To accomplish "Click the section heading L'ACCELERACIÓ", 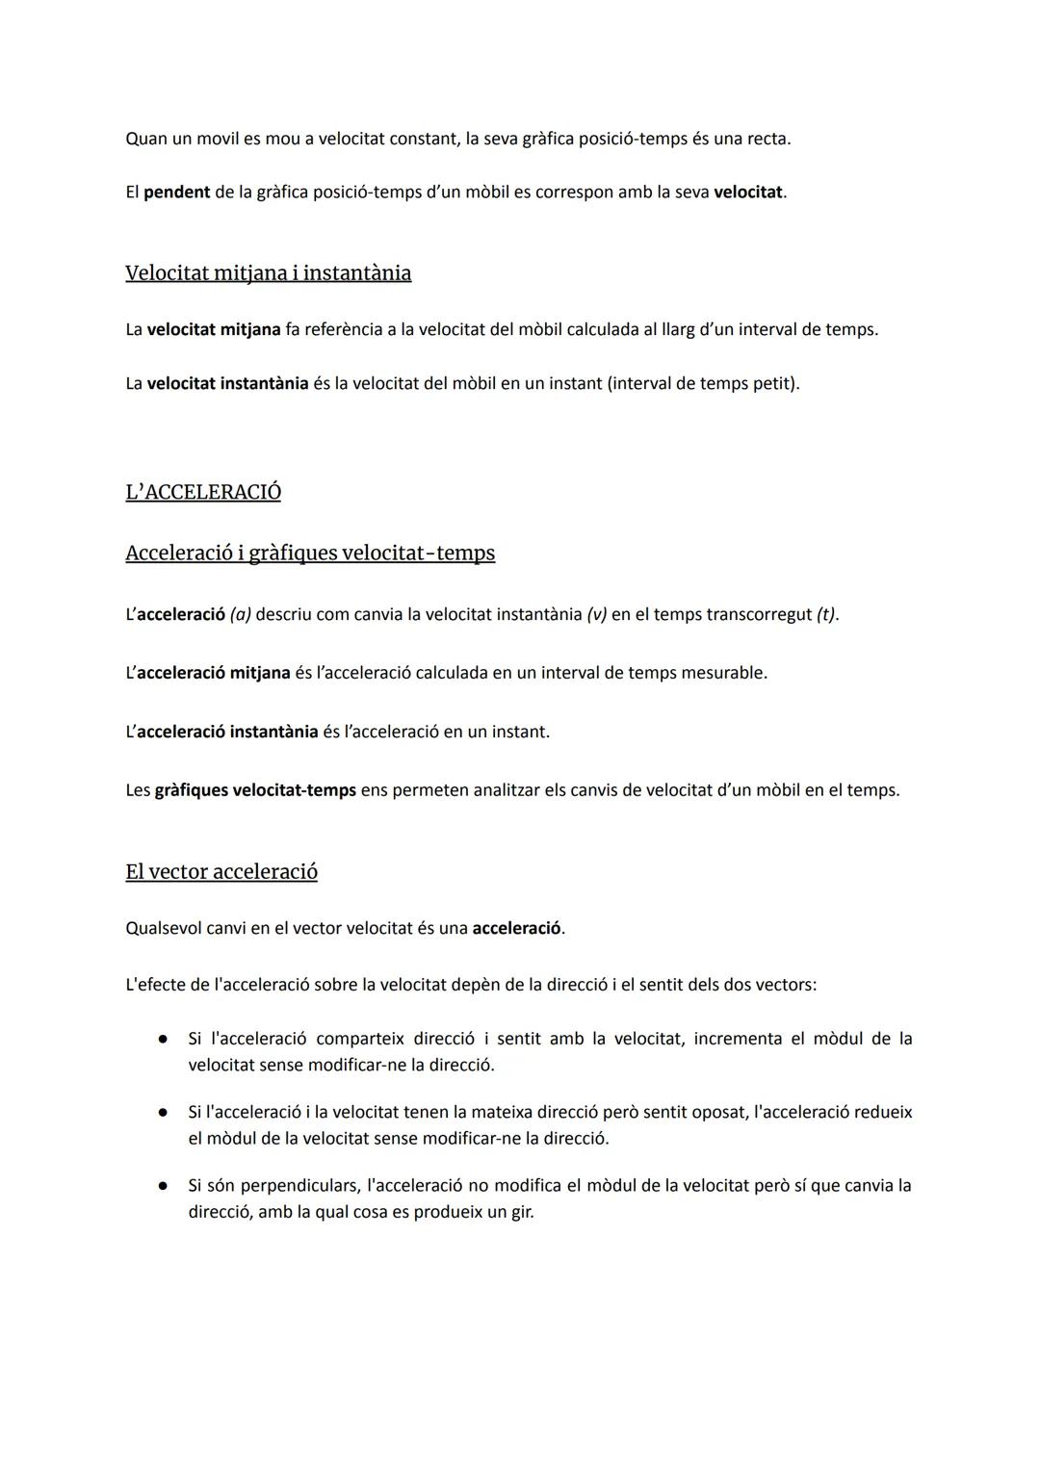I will [203, 492].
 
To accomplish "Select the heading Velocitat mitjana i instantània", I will [268, 273].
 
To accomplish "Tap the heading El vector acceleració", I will [221, 872].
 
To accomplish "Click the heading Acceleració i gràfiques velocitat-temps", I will [310, 554].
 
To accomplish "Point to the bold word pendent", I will [176, 193].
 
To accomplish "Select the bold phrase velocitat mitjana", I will [214, 330].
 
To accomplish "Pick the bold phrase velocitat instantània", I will [227, 384].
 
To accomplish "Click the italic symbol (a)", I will [240, 614].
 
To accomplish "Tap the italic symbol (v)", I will [596, 614].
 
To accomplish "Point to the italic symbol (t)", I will [825, 614].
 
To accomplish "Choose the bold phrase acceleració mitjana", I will [213, 673].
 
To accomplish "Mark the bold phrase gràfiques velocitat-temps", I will [255, 790].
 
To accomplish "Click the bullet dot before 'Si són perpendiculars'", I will [164, 1186].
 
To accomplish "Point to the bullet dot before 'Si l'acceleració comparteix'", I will [164, 1040].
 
